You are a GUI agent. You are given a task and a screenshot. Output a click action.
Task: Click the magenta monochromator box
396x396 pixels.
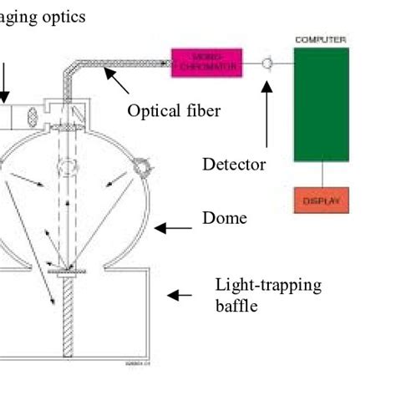click(206, 63)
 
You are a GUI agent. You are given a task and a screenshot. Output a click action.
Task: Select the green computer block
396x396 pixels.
click(322, 104)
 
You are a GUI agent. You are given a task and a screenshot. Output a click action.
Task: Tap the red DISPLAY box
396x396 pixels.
click(322, 201)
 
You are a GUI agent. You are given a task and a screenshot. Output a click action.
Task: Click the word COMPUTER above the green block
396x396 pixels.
click(322, 39)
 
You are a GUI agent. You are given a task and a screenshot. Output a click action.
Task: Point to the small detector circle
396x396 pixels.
click(267, 63)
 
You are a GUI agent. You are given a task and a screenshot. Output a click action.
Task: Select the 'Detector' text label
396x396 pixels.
click(234, 165)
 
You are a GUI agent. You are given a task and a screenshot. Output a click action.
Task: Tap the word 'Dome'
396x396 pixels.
click(225, 218)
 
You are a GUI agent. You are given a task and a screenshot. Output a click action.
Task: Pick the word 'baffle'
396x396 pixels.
click(236, 306)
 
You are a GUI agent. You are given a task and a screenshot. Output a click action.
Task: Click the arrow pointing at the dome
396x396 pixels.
click(174, 227)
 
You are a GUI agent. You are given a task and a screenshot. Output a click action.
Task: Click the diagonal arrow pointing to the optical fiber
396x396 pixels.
click(117, 81)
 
